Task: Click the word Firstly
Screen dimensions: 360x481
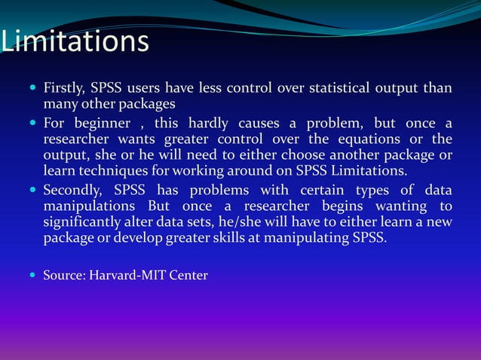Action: pos(64,88)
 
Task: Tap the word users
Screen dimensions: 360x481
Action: pos(151,88)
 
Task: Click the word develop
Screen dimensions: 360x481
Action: pos(141,239)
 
